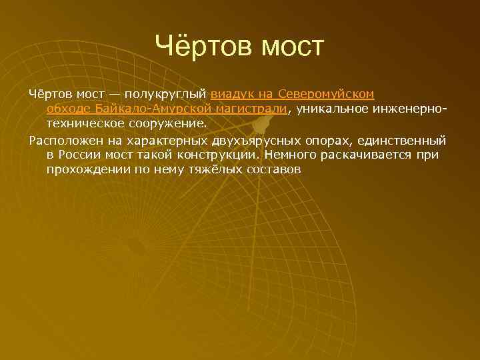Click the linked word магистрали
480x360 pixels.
coord(253,108)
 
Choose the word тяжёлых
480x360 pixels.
coord(209,170)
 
